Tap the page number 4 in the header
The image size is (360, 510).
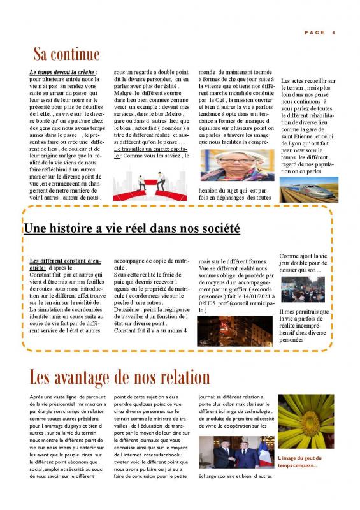(334, 33)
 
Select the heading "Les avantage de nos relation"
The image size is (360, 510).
(120, 377)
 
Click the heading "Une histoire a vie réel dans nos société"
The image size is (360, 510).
(131, 228)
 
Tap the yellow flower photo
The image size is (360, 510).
(306, 421)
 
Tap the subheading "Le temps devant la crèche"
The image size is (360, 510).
(62, 73)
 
